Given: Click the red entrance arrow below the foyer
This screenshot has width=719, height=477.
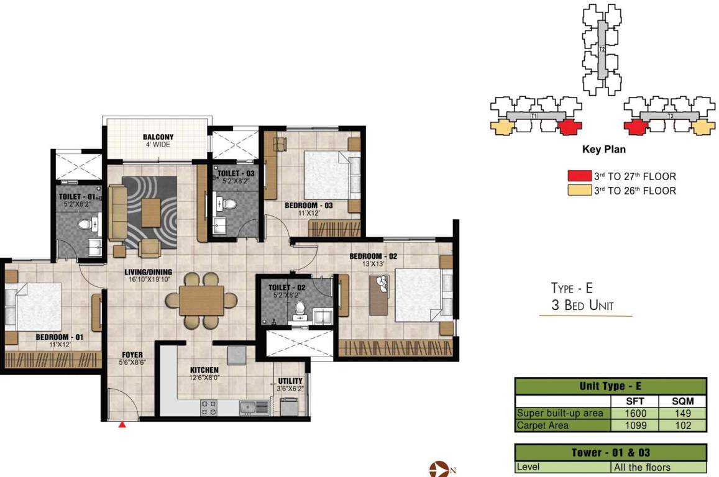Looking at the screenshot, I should tap(122, 425).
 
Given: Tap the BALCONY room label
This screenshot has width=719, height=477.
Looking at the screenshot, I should tap(158, 137).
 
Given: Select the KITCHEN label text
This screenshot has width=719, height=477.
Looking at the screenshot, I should tap(204, 370).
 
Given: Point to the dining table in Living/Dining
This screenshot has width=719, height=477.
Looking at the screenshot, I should tap(201, 301).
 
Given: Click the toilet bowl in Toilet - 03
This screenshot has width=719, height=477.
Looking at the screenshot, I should tap(229, 202).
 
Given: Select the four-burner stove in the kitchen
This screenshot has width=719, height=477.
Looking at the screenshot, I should tap(208, 407).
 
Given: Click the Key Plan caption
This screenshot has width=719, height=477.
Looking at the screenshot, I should tap(603, 150).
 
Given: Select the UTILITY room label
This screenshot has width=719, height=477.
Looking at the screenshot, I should tap(290, 381).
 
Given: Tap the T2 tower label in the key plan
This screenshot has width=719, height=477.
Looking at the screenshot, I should tap(602, 50).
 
